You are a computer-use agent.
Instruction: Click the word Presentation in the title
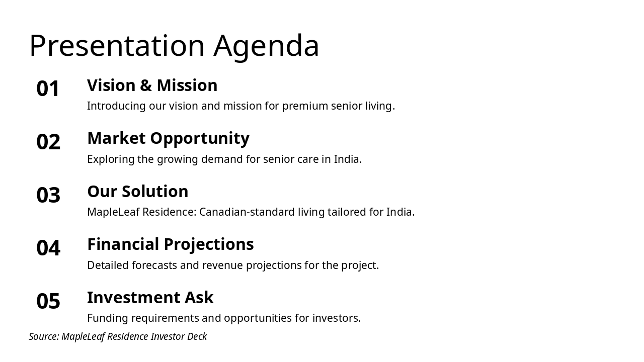click(117, 45)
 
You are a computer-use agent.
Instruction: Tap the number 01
click(48, 88)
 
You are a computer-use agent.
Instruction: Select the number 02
click(48, 142)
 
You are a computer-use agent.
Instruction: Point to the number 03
click(48, 195)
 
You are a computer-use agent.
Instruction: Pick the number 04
click(48, 248)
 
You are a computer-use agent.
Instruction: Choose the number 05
click(48, 301)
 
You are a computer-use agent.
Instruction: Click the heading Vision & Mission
click(152, 85)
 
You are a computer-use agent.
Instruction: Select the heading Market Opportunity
click(169, 139)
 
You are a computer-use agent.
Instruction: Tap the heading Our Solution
click(138, 192)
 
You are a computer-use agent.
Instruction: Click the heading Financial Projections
click(171, 245)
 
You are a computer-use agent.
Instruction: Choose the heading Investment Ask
click(150, 297)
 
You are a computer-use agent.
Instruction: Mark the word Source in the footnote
click(44, 336)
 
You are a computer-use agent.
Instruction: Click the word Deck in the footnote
click(197, 336)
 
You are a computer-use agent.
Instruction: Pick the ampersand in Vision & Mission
click(146, 85)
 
